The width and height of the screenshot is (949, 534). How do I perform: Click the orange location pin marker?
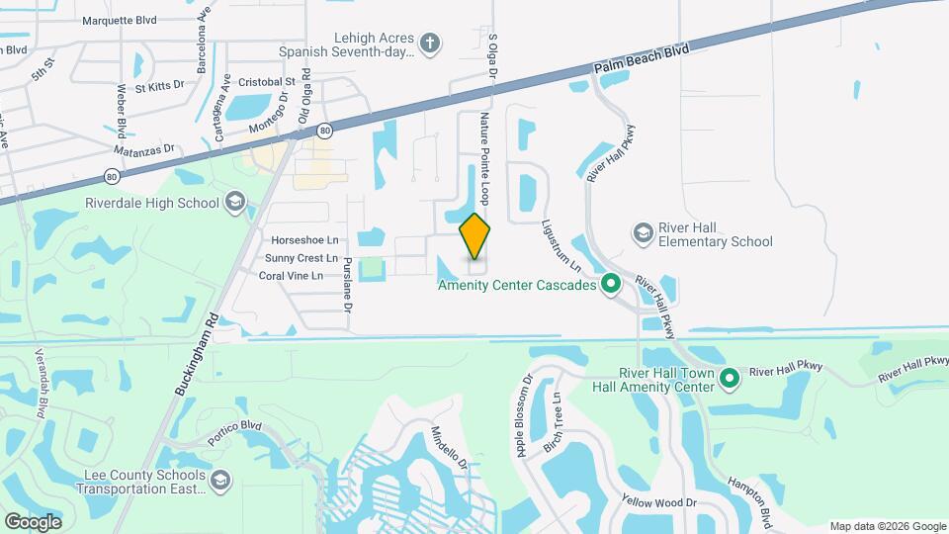coord(475,235)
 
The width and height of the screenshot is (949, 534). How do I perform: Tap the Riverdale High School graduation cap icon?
coord(235,203)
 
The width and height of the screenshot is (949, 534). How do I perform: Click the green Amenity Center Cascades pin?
coord(611,285)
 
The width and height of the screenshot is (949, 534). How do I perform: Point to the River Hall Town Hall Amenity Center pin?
coord(730,379)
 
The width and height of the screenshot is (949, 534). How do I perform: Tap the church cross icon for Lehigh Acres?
coord(429,43)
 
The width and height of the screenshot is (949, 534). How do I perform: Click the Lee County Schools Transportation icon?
coord(220,481)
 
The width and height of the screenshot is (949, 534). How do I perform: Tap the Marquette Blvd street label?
coord(120,20)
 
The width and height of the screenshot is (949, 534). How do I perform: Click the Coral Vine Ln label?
coord(291,275)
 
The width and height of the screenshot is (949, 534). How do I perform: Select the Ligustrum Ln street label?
coord(561,246)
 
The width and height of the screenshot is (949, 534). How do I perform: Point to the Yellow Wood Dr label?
coord(658,502)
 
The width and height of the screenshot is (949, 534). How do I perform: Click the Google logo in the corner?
coord(33,521)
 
